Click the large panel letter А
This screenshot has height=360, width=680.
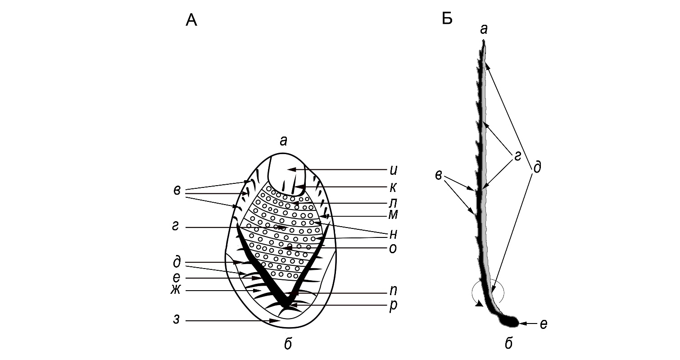191,20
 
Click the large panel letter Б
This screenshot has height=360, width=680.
447,18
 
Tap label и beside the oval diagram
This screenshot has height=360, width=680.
394,170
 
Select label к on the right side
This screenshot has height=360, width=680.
393,188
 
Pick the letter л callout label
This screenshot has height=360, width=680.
393,203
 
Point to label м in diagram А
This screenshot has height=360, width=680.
393,215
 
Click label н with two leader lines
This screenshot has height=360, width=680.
393,234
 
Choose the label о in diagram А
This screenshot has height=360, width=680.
393,249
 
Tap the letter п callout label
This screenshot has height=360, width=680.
394,291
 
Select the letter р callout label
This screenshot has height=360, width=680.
393,305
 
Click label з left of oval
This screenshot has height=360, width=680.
177,319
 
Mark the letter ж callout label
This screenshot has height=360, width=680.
176,290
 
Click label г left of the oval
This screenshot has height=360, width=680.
176,227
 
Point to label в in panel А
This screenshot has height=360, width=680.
177,191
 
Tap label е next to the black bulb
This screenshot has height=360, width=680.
544,324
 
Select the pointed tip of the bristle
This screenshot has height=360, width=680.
484,40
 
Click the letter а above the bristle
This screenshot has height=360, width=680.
484,29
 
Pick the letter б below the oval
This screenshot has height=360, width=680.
288,344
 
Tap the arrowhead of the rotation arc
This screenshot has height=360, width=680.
479,304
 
